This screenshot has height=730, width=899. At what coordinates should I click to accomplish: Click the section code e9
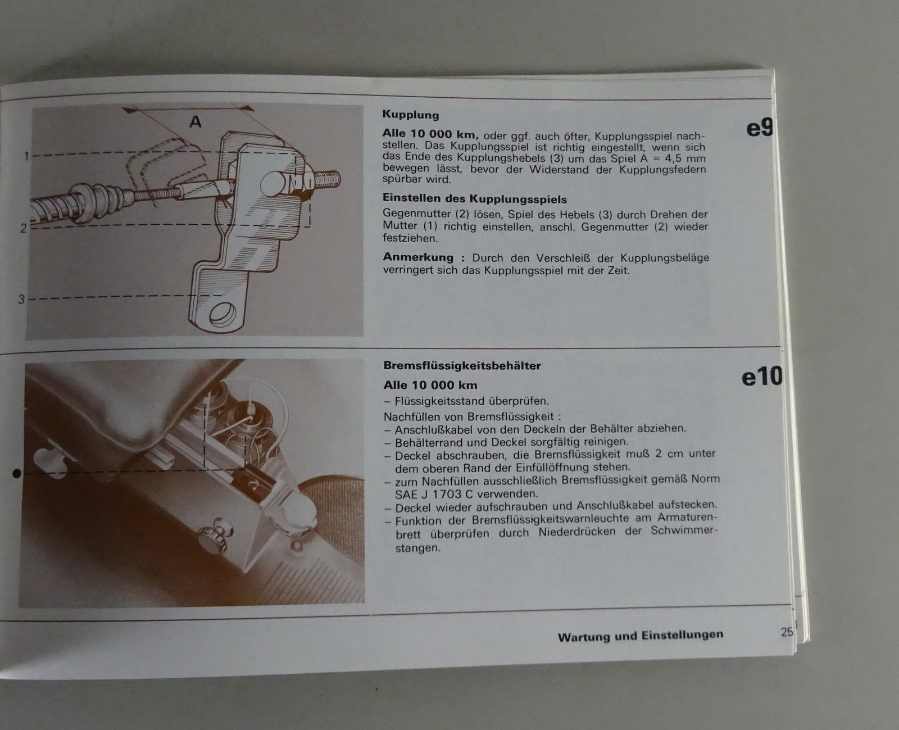[759, 128]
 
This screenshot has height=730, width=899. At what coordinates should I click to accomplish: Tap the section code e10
[762, 377]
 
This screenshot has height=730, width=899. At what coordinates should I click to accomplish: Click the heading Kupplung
[411, 115]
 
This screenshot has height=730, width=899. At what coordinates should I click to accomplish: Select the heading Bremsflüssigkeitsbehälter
[462, 366]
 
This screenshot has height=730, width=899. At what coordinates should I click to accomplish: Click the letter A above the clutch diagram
[196, 122]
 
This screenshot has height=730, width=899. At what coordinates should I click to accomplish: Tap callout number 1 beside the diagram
[26, 156]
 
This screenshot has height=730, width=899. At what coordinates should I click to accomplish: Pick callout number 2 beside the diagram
[24, 228]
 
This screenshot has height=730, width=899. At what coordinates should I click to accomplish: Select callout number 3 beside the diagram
[21, 300]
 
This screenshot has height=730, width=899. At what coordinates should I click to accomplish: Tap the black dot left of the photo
[17, 474]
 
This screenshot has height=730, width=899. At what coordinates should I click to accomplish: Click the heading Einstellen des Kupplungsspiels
[475, 198]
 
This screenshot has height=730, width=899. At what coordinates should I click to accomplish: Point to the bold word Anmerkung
[418, 257]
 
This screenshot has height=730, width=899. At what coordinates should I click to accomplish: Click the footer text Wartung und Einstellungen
[641, 636]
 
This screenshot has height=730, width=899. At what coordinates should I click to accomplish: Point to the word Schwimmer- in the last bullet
[684, 531]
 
